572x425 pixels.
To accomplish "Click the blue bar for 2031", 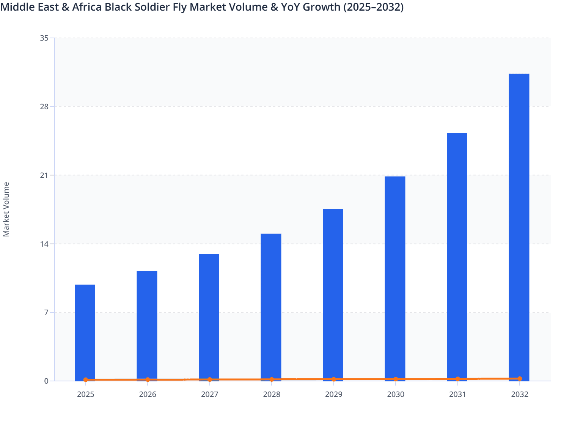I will coord(457,257).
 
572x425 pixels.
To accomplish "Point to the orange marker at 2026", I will coord(148,379).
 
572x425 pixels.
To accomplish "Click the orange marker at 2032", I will coord(520,378).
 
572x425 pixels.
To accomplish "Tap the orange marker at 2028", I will coord(272,379).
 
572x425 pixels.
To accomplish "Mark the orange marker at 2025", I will coord(85,379).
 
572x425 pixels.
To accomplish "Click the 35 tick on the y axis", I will coord(44,38).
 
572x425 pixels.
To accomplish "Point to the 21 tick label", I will coord(44,175).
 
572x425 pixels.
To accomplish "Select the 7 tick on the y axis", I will coord(46,312).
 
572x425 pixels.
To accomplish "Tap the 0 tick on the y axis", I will coord(46,381).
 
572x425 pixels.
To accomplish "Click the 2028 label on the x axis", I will coord(272,394).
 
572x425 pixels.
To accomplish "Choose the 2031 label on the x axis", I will coord(457,394).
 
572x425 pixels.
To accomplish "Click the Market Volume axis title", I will coord(6,209).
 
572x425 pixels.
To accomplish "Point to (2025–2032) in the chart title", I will coord(373,7).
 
